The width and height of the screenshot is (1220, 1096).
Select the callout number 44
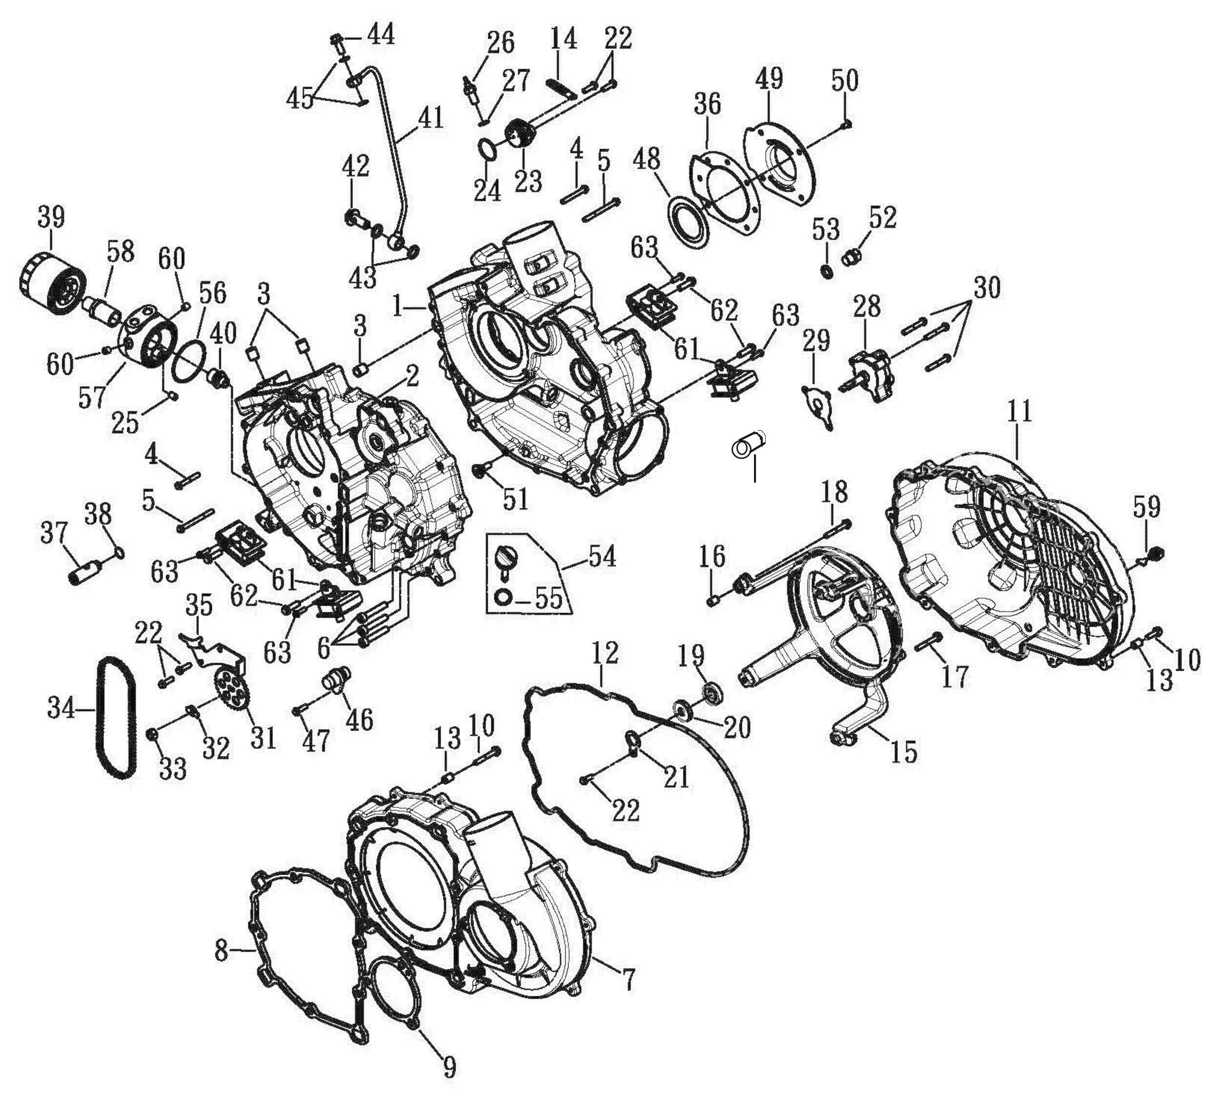(381, 35)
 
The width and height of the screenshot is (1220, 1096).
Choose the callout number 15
(904, 752)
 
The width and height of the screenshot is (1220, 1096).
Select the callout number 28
(866, 306)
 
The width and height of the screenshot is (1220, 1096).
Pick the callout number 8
(222, 952)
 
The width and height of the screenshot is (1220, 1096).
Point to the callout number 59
(1146, 507)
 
